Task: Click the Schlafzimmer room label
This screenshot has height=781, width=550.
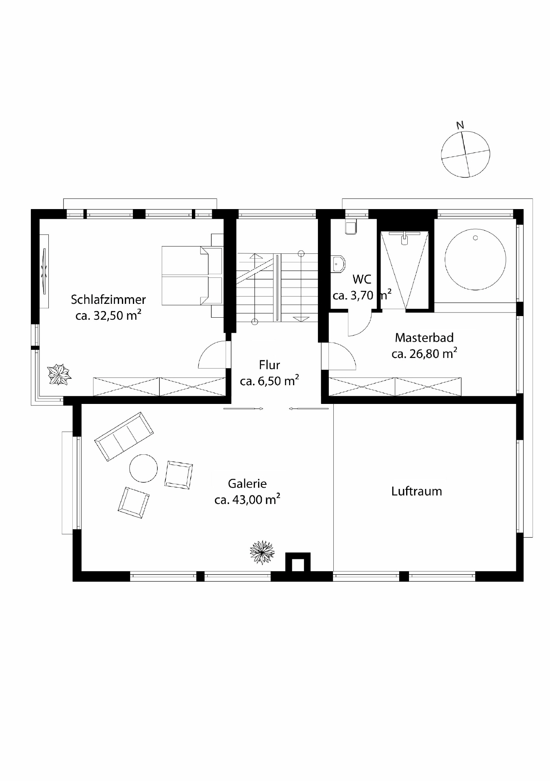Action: [108, 300]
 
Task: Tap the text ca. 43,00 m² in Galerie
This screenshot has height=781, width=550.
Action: [247, 500]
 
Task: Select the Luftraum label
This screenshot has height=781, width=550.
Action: [416, 491]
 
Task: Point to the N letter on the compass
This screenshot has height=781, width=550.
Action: [460, 125]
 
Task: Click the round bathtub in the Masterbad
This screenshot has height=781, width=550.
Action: [475, 260]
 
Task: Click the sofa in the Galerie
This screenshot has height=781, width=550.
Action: [124, 436]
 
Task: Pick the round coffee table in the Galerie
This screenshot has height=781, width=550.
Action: [143, 468]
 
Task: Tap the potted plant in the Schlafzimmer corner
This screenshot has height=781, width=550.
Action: [59, 374]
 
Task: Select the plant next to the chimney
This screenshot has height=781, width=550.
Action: [262, 552]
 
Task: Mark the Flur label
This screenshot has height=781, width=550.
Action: [269, 365]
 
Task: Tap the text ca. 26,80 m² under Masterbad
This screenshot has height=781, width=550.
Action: [424, 354]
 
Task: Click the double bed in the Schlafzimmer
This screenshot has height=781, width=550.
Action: [191, 276]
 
